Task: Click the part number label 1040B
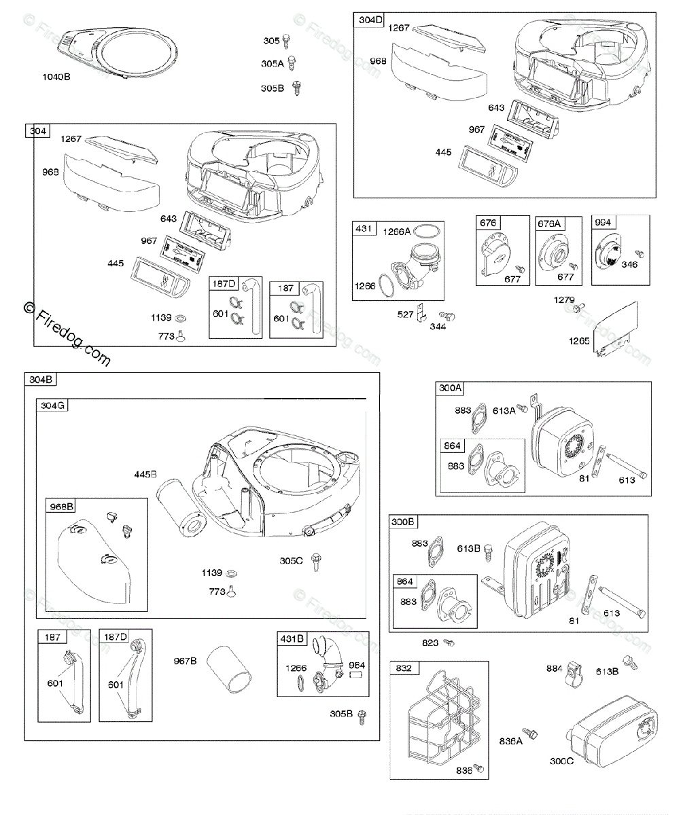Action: point(56,77)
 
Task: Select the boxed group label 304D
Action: point(370,20)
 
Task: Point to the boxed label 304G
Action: point(53,406)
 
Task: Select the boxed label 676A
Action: point(550,223)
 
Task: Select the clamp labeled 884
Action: point(576,672)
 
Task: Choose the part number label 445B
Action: point(145,473)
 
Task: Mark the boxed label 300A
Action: point(451,388)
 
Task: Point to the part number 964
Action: point(357,666)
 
